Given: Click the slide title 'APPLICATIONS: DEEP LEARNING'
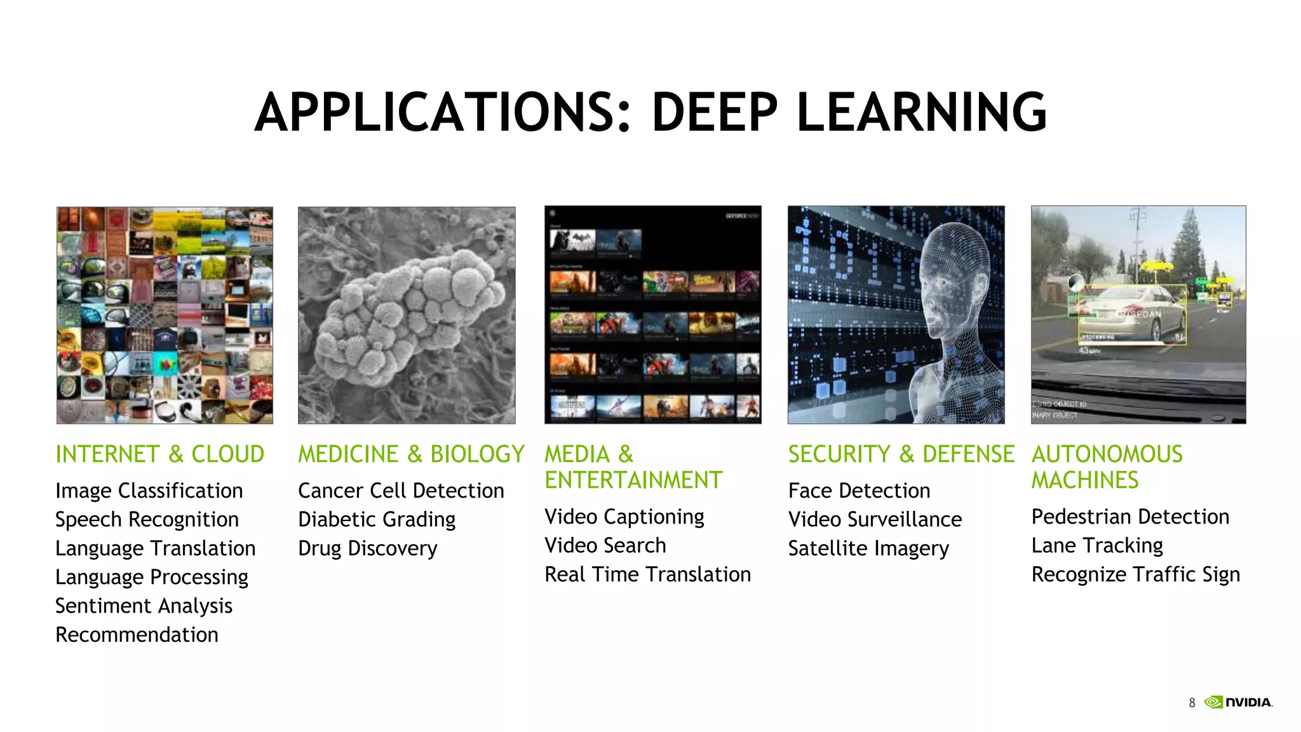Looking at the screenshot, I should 650,112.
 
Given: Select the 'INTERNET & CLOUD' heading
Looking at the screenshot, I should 159,454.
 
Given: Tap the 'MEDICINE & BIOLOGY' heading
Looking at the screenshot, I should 411,454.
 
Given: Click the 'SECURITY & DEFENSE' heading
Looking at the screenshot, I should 901,454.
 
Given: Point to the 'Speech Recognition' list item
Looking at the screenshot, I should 147,520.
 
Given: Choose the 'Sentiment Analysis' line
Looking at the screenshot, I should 144,606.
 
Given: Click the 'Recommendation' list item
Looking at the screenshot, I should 137,635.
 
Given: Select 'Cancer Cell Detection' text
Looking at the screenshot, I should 401,491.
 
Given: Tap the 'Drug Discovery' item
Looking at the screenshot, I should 367,548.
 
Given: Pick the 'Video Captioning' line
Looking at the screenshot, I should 624,517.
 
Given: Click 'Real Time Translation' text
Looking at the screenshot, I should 647,574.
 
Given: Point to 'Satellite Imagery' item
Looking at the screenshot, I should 868,548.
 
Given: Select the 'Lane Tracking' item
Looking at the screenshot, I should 1097,546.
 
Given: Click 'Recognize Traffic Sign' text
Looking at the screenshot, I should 1135,574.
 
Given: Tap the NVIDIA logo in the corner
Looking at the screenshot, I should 1239,702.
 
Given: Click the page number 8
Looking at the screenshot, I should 1192,703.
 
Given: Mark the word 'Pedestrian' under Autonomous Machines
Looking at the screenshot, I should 1074,517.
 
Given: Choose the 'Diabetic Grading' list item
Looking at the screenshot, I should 377,520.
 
